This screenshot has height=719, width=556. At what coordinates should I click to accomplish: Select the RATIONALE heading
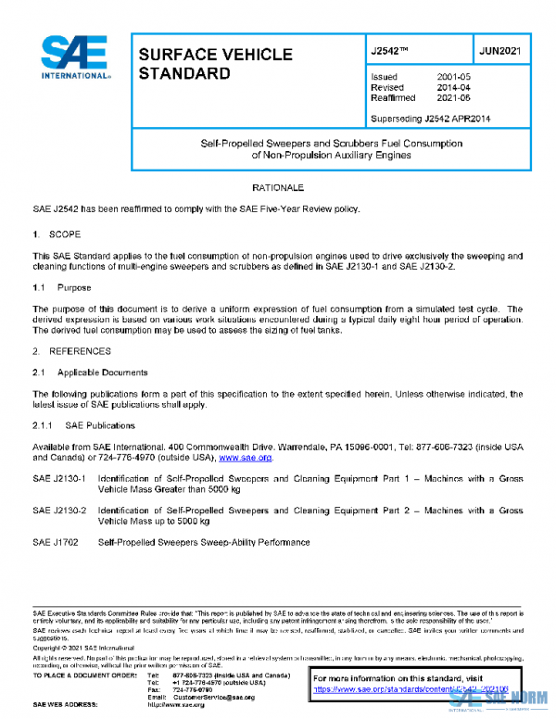pyautogui.click(x=278, y=188)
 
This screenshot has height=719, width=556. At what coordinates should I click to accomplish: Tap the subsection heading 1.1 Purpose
pyautogui.click(x=62, y=288)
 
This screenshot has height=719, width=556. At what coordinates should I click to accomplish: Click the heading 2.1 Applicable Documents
pyautogui.click(x=90, y=372)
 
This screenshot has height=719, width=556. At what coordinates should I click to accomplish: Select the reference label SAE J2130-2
pyautogui.click(x=58, y=510)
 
